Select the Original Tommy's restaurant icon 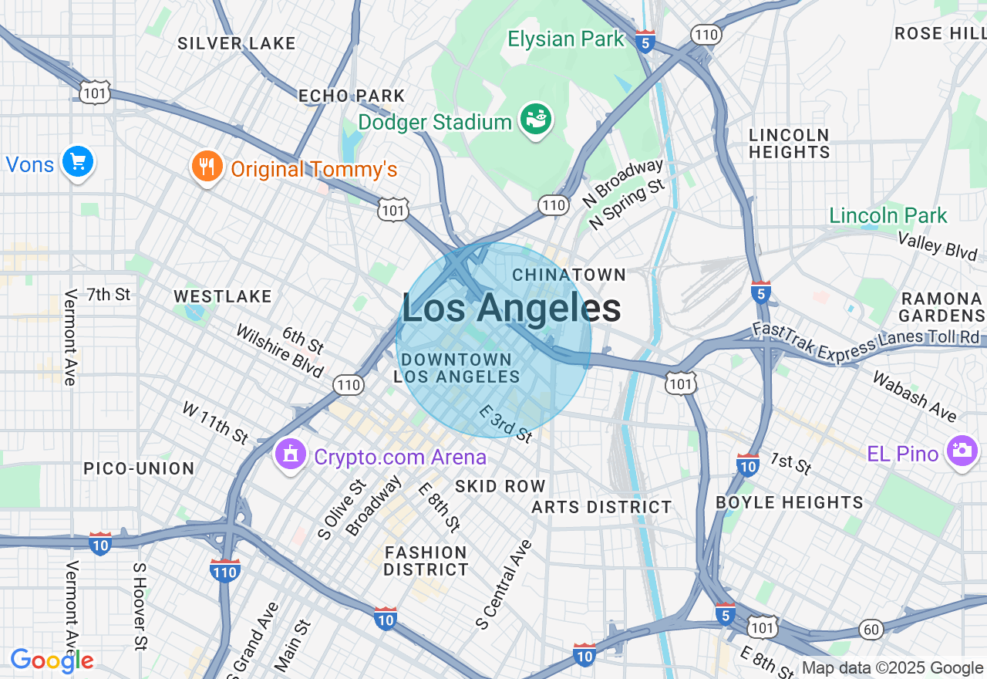tap(207, 167)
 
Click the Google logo tap(52, 660)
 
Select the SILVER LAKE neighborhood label tap(237, 43)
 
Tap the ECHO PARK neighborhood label tap(352, 96)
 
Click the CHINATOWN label tap(569, 275)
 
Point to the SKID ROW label tap(500, 486)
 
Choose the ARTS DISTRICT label tap(601, 507)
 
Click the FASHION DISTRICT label tap(426, 561)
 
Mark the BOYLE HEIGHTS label tap(790, 502)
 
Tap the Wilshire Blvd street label tap(279, 352)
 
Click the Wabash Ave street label tap(914, 397)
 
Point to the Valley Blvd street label tap(938, 245)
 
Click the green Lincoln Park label tap(888, 215)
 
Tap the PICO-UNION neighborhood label tap(139, 468)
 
